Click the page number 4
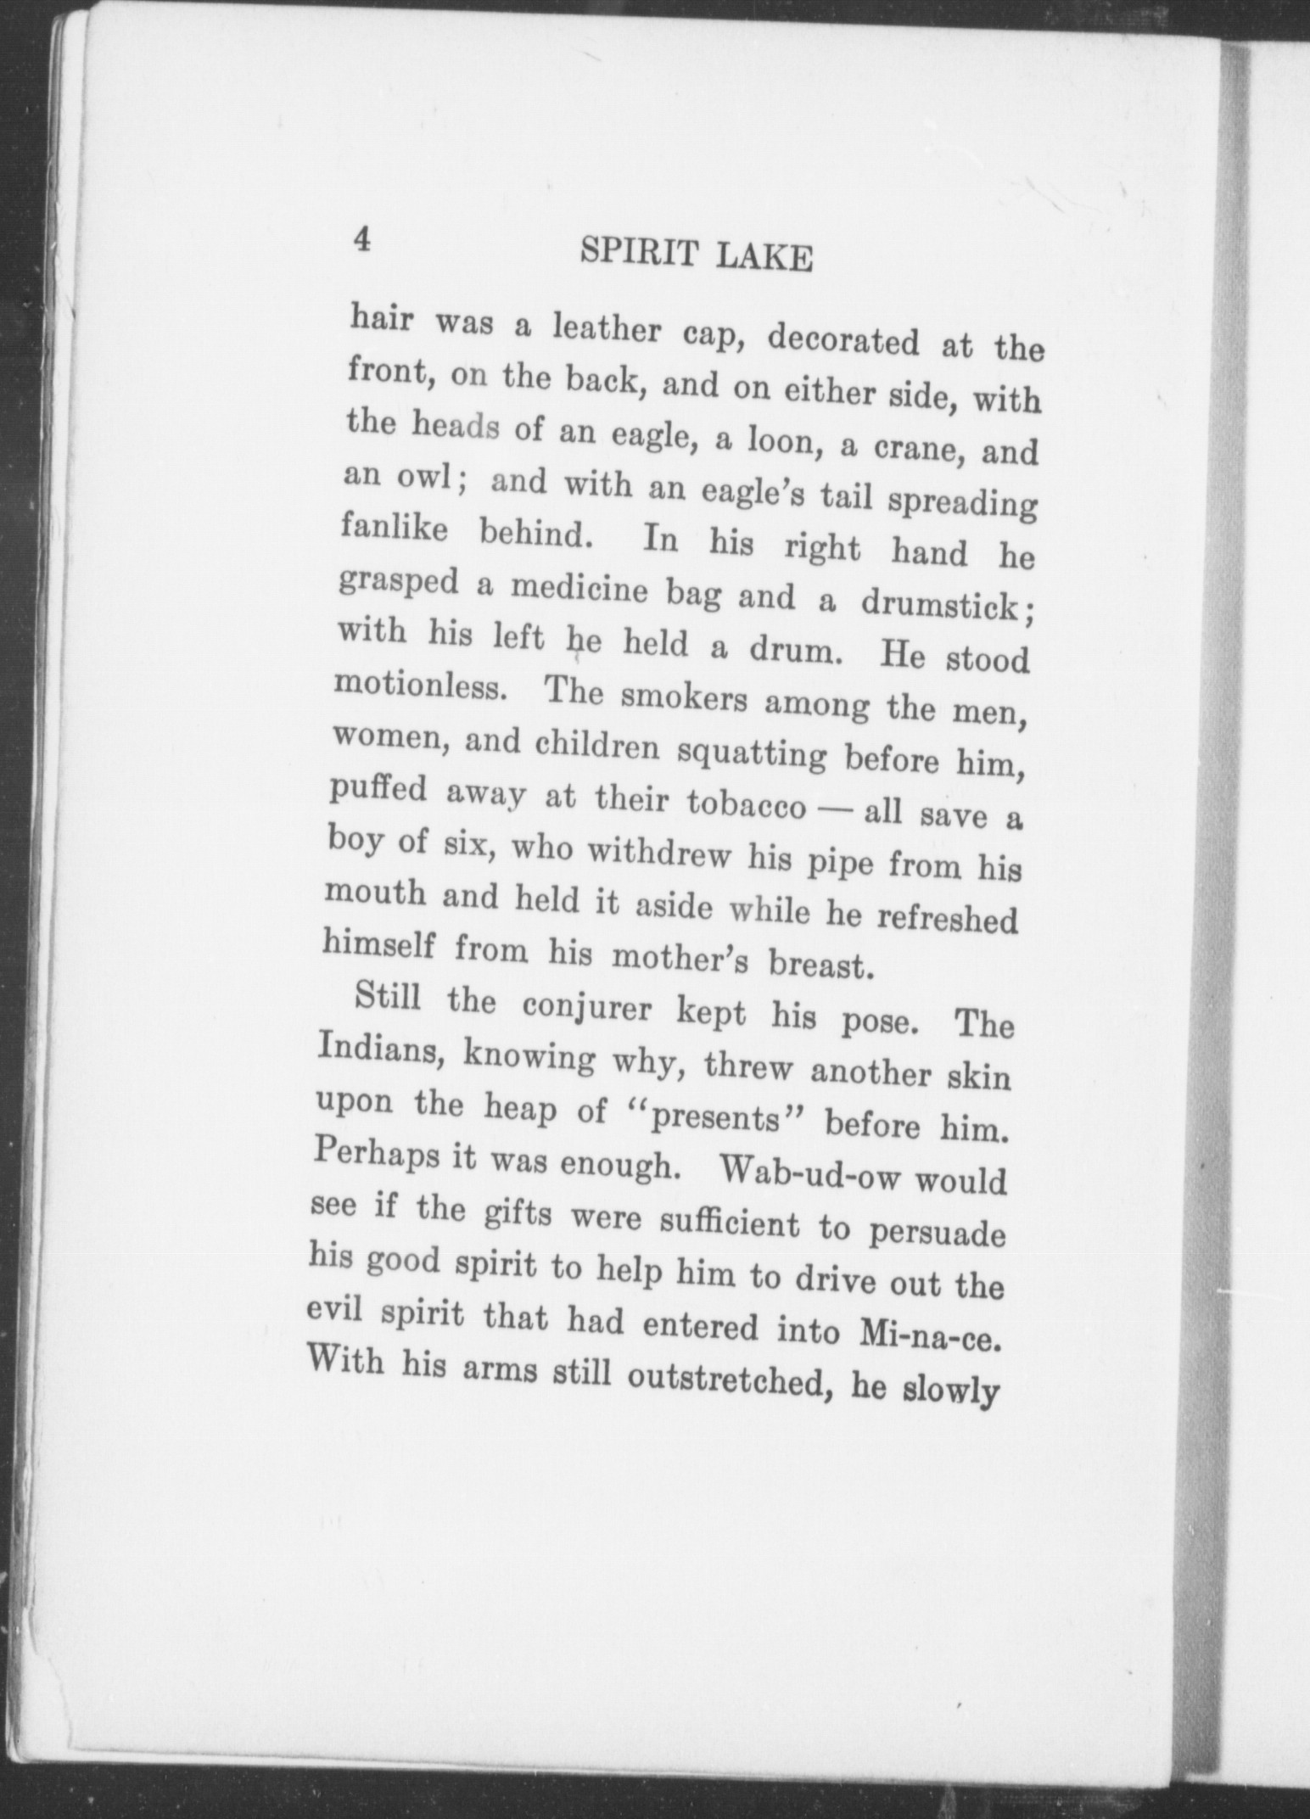click(x=362, y=242)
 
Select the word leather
click(x=606, y=330)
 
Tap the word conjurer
click(x=586, y=1007)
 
